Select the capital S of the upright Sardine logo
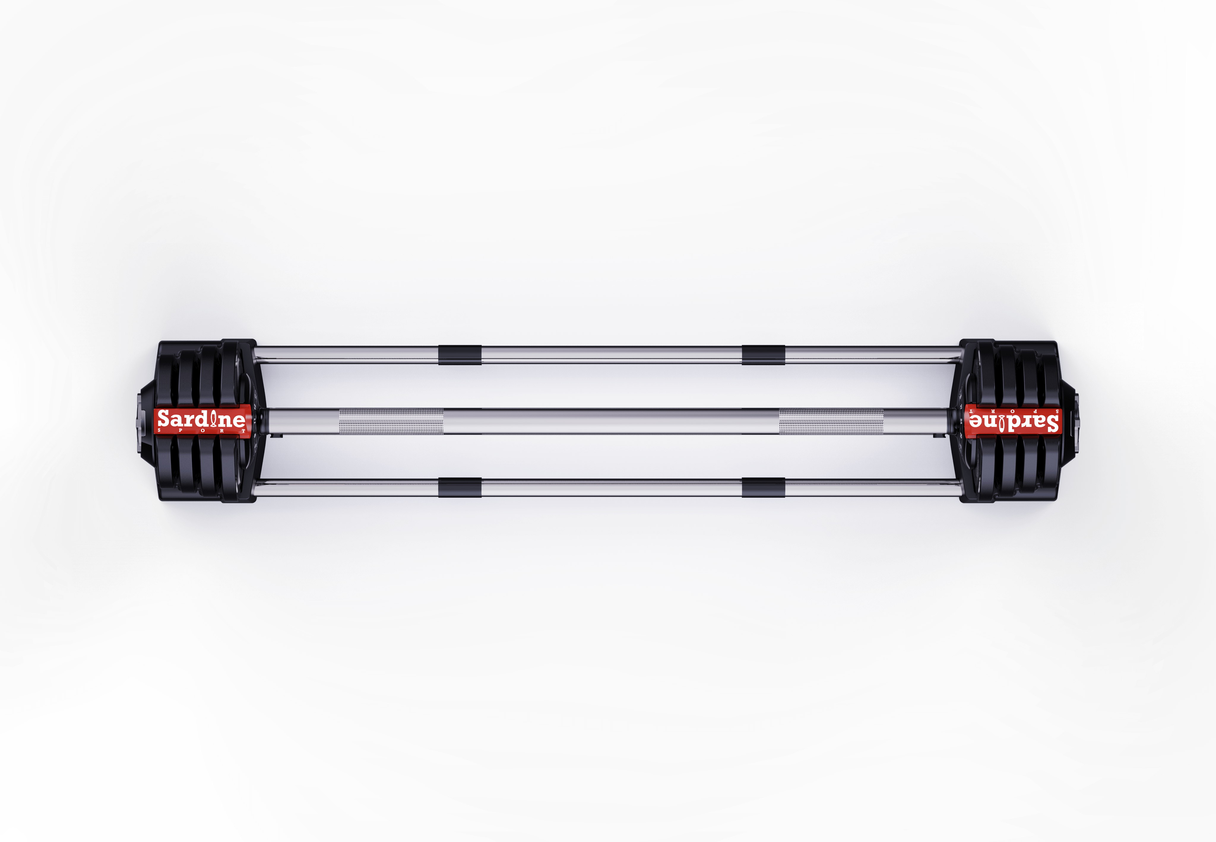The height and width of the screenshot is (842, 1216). tap(164, 419)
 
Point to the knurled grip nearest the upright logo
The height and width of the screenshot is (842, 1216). tap(391, 421)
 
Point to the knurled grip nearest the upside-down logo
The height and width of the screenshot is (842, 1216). tap(831, 421)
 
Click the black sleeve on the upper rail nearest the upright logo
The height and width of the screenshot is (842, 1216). tap(459, 354)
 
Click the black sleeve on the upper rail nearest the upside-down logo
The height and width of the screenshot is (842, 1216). tap(763, 354)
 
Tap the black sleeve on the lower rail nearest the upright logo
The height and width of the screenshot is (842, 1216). tap(459, 488)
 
